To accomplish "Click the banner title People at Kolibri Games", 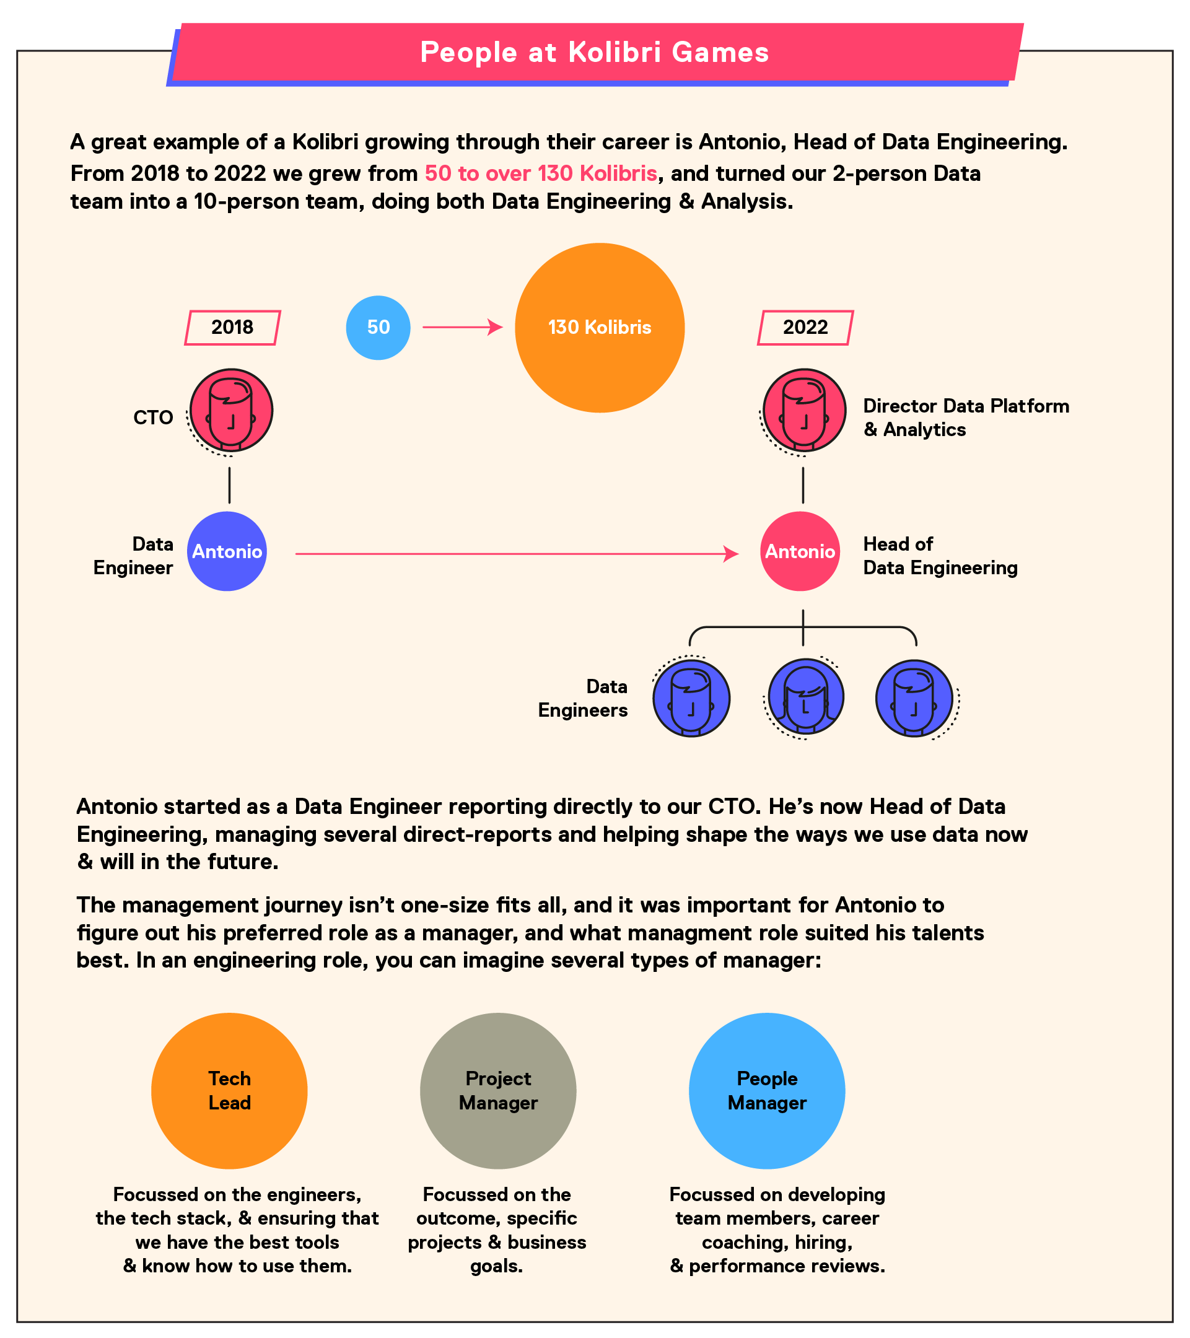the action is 594,53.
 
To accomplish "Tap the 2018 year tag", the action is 232,327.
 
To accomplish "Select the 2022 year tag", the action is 805,327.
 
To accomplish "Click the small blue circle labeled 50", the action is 378,327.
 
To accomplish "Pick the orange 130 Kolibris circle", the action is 600,327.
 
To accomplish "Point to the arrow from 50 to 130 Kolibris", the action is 463,326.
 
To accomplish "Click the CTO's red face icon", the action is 230,411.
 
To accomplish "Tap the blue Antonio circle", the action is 227,551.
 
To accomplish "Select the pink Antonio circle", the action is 800,551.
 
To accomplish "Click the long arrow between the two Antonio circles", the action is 517,554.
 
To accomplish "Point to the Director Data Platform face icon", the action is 804,411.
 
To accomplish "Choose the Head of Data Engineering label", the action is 940,556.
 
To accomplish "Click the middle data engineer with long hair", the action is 805,697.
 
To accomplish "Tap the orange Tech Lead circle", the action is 229,1091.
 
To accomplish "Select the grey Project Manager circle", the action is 498,1091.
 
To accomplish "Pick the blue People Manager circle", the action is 767,1091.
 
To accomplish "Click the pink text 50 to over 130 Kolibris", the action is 541,173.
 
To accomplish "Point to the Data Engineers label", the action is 582,699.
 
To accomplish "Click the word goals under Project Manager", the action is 497,1266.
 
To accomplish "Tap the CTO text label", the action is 153,418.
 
